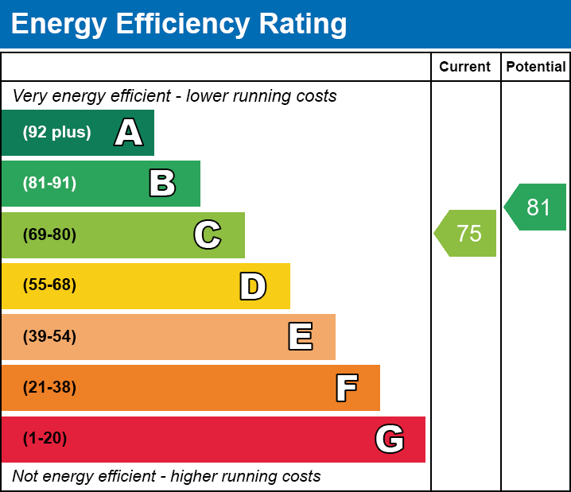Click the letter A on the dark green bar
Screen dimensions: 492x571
(128, 133)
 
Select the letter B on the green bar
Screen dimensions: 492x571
(162, 184)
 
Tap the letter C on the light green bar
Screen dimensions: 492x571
(208, 234)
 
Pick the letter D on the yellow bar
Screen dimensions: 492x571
(253, 286)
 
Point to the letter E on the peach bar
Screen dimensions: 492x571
(300, 337)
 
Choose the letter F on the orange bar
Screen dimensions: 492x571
(346, 388)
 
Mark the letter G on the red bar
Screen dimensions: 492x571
(390, 439)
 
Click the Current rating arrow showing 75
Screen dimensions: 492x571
(467, 234)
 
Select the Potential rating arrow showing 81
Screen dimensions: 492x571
(536, 207)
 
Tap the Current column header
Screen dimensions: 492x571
(465, 68)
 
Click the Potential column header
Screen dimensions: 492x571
(536, 68)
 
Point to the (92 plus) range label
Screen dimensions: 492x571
(56, 133)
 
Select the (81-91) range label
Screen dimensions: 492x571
(49, 184)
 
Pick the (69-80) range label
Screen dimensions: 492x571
(49, 234)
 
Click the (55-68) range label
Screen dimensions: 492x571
(49, 285)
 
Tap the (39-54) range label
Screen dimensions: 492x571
(49, 337)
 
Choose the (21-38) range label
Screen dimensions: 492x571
(49, 388)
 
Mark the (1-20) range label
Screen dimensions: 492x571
(45, 439)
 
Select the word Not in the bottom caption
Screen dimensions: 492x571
(25, 476)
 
